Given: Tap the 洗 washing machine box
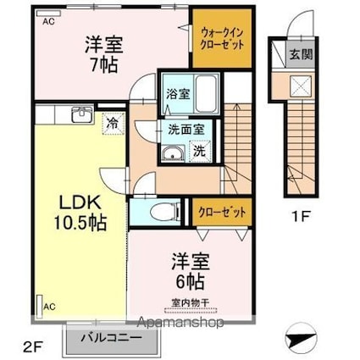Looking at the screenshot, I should point(197,152).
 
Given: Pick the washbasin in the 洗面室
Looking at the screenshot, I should point(174,153).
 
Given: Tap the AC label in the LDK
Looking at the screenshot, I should point(50,306).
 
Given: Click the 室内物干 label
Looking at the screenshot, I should point(190,299).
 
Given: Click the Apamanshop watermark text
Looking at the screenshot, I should point(181,322).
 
